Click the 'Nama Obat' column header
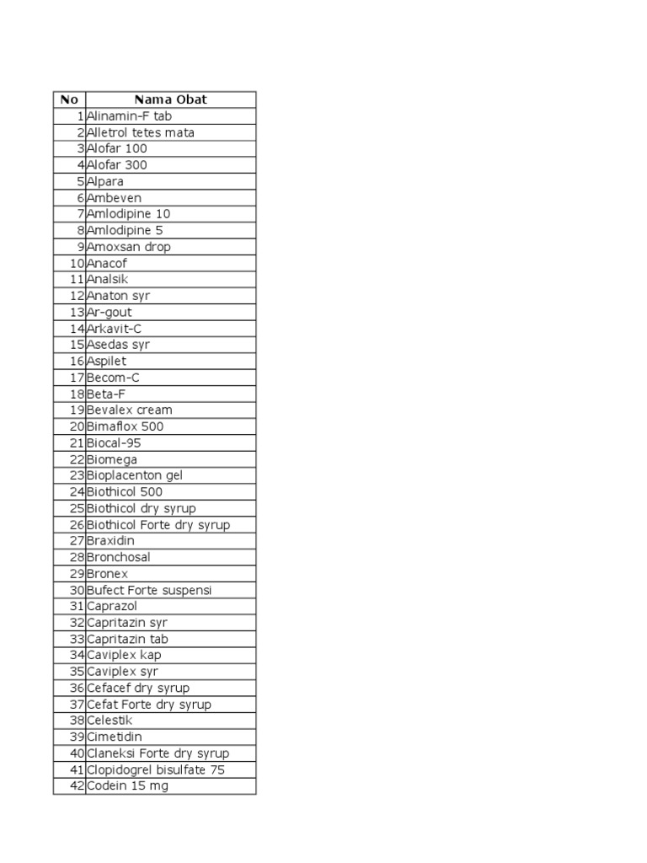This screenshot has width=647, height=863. tap(170, 99)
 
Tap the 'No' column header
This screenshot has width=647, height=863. tap(69, 99)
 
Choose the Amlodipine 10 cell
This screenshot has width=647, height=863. tap(128, 214)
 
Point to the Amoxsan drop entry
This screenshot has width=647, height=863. tap(128, 247)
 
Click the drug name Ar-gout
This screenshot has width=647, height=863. tap(110, 312)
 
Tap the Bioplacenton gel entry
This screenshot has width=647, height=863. tap(135, 475)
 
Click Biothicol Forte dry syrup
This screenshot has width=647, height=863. tap(158, 525)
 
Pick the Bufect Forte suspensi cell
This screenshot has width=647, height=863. tap(149, 590)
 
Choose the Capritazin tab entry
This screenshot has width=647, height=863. tap(127, 639)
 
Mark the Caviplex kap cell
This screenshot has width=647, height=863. tap(124, 655)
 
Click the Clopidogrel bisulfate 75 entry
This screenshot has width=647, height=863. tap(156, 769)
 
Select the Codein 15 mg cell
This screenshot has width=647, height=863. tap(127, 785)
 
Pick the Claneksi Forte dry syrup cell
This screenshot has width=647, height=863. tap(158, 753)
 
